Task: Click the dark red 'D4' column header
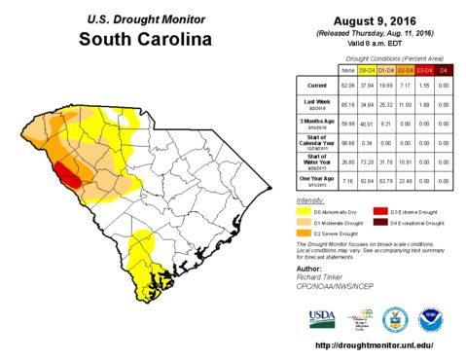(x=445, y=70)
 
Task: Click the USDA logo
(x=322, y=317)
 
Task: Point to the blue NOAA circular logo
(x=428, y=318)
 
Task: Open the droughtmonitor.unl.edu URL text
(x=375, y=346)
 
